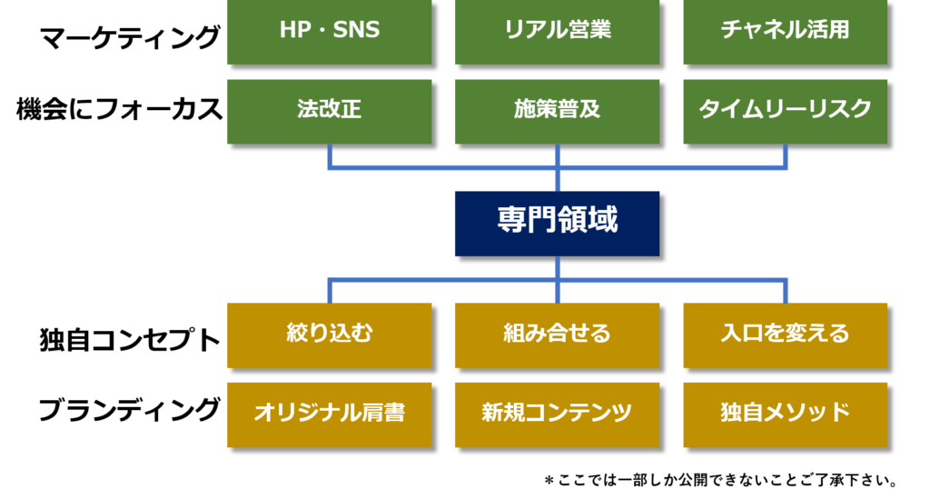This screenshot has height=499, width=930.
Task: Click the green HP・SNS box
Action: pos(329,31)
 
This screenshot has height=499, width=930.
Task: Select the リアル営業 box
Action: pos(557,31)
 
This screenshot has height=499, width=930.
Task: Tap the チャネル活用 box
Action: pos(786,31)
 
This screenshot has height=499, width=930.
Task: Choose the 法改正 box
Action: pos(329,112)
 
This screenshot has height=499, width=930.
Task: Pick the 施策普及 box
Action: pos(557,112)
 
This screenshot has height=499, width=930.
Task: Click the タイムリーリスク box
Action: pos(786,112)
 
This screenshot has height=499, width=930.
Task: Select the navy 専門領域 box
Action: pos(557,224)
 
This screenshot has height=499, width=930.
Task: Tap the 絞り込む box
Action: pos(329,335)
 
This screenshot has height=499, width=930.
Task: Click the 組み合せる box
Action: pos(557,335)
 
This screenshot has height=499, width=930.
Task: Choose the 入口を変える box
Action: pos(786,335)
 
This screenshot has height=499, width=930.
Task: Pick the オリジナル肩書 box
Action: pos(329,414)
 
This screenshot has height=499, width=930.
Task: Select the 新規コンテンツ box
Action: pos(557,414)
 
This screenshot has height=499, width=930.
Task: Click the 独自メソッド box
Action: pos(786,414)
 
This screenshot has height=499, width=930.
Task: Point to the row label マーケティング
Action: pos(129,37)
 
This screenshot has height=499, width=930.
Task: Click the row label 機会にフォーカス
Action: pos(119,110)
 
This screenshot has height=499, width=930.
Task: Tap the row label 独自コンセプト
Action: pos(129,340)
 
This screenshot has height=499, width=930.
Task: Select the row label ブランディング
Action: pos(129,410)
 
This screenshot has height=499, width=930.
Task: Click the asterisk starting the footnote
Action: pos(549,480)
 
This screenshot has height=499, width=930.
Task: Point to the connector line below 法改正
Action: pos(330,155)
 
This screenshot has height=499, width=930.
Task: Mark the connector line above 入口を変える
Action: pos(786,291)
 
